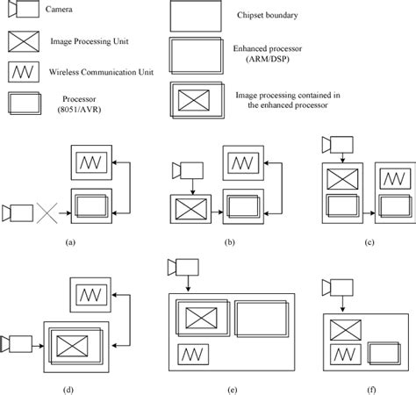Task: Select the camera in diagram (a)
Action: point(17,212)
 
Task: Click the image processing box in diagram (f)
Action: point(345,331)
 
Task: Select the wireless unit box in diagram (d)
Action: point(87,293)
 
